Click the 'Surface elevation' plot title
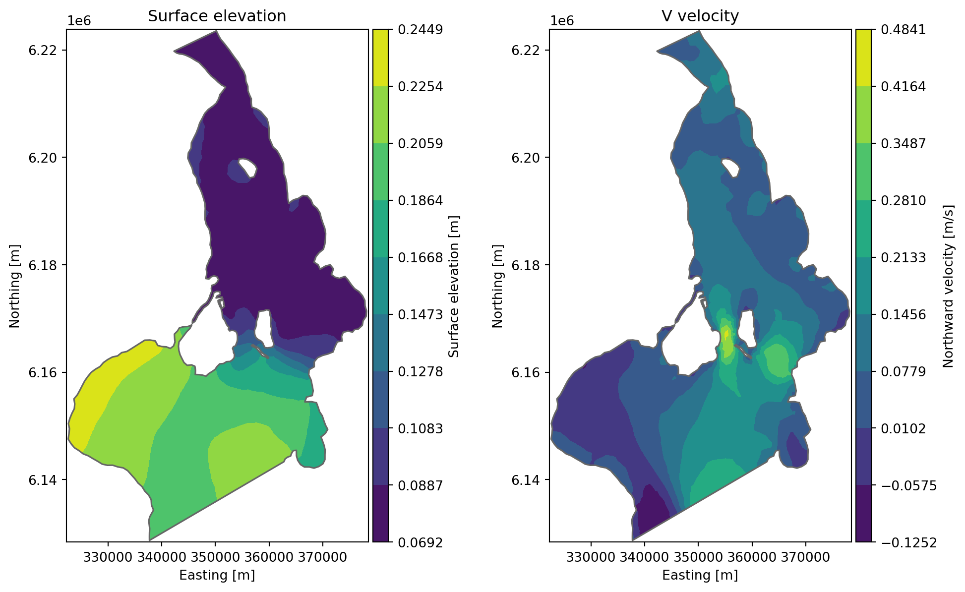217,16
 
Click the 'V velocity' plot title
700,16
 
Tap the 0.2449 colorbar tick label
421,30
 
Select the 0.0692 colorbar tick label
421,542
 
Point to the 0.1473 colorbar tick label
421,314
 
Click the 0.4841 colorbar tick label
904,30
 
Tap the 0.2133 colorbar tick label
904,258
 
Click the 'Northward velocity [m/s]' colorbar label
948,286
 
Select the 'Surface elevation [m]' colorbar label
454,286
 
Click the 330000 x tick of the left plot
108,557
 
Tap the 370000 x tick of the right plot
805,557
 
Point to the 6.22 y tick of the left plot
42,51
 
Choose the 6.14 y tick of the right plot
525,480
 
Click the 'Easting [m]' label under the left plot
217,575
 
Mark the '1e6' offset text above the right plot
562,21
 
